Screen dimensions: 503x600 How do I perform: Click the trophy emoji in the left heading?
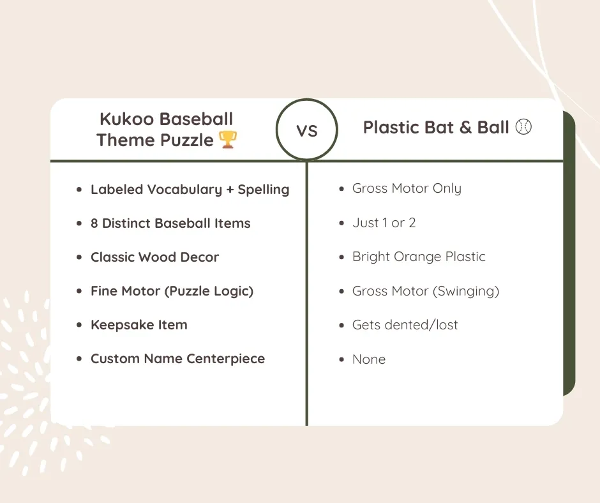pyautogui.click(x=228, y=140)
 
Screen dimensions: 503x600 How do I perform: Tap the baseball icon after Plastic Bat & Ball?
pyautogui.click(x=524, y=128)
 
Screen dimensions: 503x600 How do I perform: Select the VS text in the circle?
pyautogui.click(x=307, y=130)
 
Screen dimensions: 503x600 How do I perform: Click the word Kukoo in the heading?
pyautogui.click(x=126, y=119)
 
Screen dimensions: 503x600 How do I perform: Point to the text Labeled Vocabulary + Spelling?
pyautogui.click(x=190, y=190)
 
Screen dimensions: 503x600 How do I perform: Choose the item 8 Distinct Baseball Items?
pyautogui.click(x=170, y=223)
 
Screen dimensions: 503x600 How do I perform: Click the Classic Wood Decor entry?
pyautogui.click(x=154, y=257)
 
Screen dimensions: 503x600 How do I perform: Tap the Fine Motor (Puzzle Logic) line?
pyautogui.click(x=172, y=291)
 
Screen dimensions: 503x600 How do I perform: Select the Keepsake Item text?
pyautogui.click(x=139, y=325)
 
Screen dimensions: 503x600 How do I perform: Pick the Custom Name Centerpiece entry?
pyautogui.click(x=177, y=359)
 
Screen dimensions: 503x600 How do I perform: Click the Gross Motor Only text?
pyautogui.click(x=407, y=189)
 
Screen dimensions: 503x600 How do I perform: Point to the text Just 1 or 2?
pyautogui.click(x=384, y=223)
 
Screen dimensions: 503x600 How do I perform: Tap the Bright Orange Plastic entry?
pyautogui.click(x=419, y=257)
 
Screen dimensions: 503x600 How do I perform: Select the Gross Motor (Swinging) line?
pyautogui.click(x=426, y=291)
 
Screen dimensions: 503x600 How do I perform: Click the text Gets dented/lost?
pyautogui.click(x=405, y=325)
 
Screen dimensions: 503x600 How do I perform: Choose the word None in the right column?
pyautogui.click(x=369, y=359)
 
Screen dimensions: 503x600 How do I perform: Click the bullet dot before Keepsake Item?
pyautogui.click(x=79, y=325)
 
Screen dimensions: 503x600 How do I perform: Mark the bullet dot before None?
pyautogui.click(x=341, y=359)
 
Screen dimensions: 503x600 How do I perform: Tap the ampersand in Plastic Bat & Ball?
pyautogui.click(x=466, y=128)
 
